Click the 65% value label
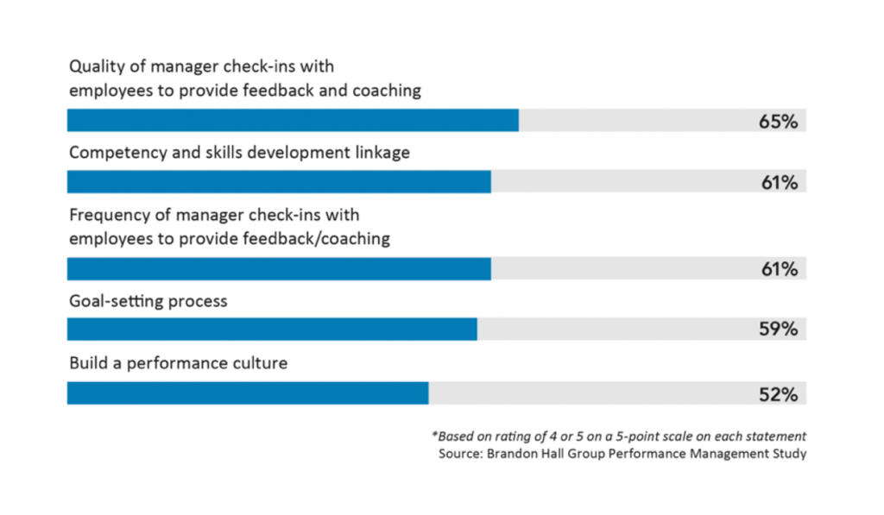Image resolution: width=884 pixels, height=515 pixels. pos(777,121)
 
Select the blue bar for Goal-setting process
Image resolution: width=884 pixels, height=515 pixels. pos(272,329)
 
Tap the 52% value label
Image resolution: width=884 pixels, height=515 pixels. pos(777,394)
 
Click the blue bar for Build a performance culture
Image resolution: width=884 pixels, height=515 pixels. pos(248,393)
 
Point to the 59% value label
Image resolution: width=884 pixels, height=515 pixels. pos(777,329)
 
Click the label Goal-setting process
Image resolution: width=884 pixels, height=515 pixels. pos(148,301)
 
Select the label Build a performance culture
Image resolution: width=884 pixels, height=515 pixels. pos(178,363)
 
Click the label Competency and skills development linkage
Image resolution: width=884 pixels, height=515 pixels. pos(239,153)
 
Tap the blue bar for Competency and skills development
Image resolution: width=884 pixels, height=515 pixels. pos(279,182)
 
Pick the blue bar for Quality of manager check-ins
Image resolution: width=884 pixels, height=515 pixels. pos(293,120)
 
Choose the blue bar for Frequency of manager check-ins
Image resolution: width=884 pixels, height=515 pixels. pos(279,269)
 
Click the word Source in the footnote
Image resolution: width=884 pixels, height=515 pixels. pos(462,453)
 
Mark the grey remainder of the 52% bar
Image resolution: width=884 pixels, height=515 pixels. pos(587,393)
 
